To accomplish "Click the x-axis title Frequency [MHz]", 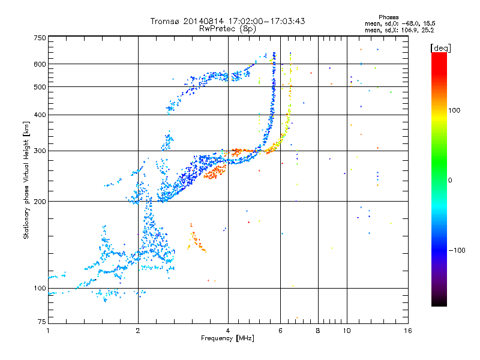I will (x=228, y=338).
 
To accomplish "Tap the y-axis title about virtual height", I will (x=26, y=180).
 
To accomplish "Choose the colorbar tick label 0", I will (x=451, y=180).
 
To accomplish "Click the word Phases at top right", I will (x=390, y=17).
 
